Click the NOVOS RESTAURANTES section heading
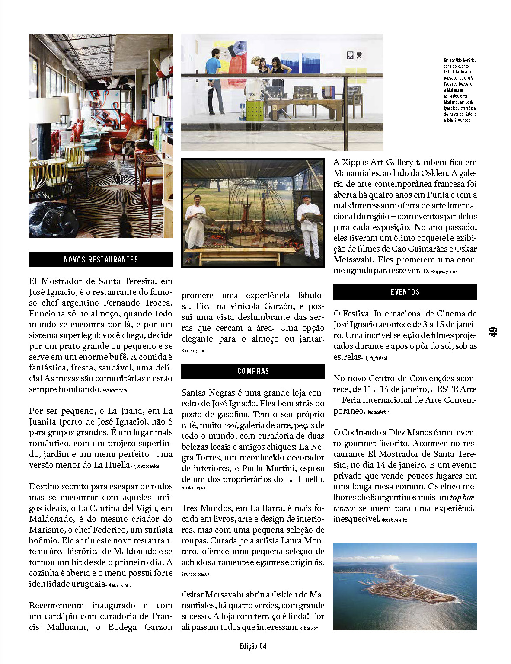101,259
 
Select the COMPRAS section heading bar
253,371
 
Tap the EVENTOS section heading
405,292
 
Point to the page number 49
493,332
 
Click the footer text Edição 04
253,646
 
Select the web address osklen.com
309,628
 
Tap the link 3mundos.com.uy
195,574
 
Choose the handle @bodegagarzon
193,351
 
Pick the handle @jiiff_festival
376,358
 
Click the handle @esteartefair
378,412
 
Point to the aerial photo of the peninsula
405,586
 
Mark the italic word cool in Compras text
230,425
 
